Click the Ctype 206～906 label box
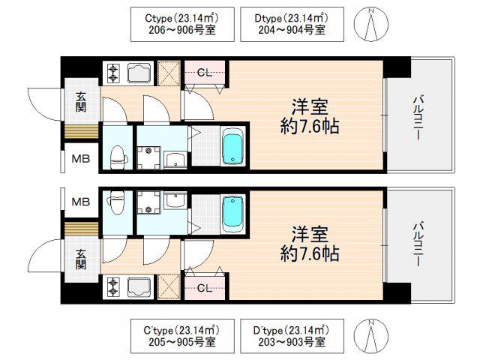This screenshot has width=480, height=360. pos(182,24)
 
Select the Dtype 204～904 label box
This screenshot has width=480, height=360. pos(292,24)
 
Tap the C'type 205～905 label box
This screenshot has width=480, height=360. pos(182,336)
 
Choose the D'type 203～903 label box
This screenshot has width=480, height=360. pos(292,336)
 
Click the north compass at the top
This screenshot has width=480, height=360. pos(371,24)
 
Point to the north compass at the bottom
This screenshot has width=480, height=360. pos(371,336)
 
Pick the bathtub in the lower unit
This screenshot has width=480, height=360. pos(233,214)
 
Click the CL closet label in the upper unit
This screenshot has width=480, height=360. pos(205,73)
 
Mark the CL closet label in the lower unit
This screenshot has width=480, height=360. pos(205,288)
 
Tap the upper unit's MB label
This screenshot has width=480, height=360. pos(81,158)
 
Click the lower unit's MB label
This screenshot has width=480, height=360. pos(81,202)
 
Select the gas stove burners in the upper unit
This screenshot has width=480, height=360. pos(113,73)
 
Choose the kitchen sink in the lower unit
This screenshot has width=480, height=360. pos(139,288)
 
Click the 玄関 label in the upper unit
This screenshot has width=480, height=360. pos(81,102)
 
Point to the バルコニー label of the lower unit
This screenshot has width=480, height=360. pos(418,245)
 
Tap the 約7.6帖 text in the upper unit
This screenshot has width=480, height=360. pos(310,126)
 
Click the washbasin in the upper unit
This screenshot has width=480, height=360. pos(175,160)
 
